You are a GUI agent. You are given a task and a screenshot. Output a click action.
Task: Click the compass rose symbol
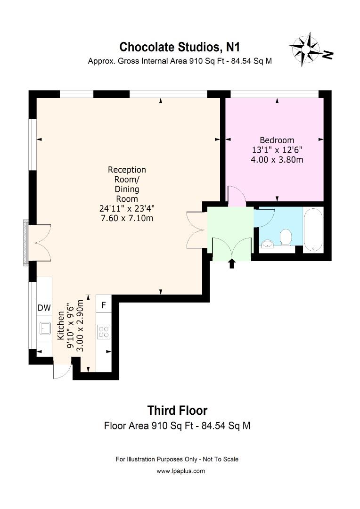coord(306,49)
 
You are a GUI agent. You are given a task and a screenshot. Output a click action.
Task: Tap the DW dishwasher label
coord(44,308)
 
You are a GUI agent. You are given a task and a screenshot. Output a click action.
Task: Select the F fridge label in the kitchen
coord(104,305)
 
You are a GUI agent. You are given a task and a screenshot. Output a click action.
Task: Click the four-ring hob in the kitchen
coord(104,332)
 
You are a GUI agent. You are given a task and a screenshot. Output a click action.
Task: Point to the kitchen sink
coord(45,328)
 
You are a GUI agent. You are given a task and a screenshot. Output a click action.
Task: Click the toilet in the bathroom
coord(286,237)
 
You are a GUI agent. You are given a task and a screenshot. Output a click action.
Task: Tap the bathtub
coord(313,229)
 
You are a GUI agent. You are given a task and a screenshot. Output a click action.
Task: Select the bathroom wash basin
coord(268,244)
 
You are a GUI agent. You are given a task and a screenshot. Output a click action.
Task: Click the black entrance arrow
coord(231,263)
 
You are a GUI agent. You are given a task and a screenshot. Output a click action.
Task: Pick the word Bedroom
coord(277,140)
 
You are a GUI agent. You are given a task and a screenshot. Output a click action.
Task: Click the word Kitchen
coord(61,326)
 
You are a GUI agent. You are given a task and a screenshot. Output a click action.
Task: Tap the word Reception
coord(127,170)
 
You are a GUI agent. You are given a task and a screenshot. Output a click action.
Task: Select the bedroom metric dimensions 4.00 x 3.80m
coord(277,160)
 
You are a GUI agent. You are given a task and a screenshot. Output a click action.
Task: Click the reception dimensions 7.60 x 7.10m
coord(127,218)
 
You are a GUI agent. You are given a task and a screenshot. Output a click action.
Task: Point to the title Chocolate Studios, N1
coord(180,47)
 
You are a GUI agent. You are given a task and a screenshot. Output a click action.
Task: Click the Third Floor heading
coord(177,410)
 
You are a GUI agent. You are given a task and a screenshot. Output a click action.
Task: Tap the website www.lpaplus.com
coord(181,471)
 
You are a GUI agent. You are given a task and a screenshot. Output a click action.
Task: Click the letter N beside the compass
coord(328,55)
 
